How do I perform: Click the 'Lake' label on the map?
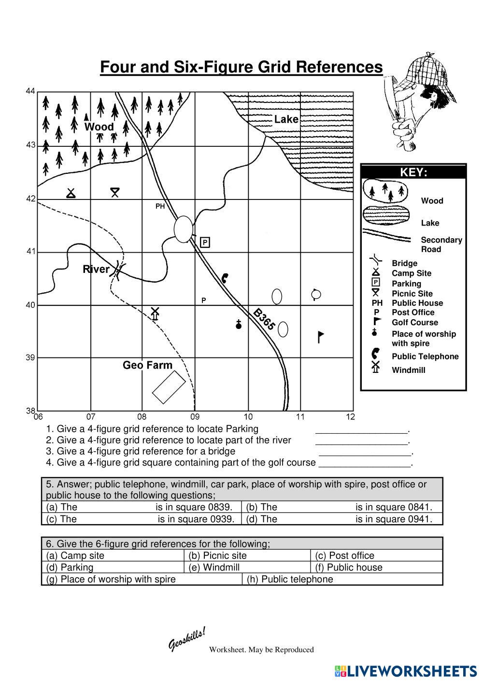286,119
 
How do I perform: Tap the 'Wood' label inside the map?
99,127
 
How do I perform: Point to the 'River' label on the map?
96,269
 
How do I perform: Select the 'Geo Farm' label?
147,365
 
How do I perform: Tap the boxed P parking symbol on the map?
205,242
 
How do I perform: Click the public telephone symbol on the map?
225,278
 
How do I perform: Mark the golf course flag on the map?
320,336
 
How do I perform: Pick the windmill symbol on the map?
155,313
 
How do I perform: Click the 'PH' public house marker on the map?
160,206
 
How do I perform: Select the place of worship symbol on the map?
238,325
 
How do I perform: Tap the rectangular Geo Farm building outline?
169,387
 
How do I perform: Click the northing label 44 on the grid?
30,91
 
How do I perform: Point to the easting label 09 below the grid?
195,417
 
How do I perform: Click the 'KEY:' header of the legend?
413,172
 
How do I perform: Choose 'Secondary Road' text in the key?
441,244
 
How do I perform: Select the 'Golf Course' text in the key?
414,322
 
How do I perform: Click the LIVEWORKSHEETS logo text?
412,671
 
